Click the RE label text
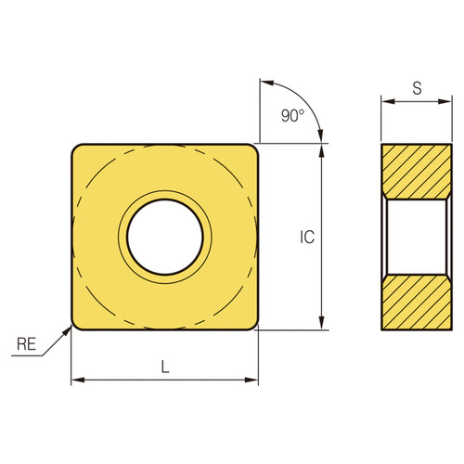click(28, 346)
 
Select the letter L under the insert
click(165, 367)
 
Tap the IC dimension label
click(307, 238)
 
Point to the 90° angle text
click(290, 117)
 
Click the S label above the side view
click(417, 89)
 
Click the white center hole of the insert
click(165, 237)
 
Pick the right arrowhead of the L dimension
click(252, 380)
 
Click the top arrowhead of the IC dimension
click(322, 149)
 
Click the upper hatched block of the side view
click(417, 170)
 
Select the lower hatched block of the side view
click(417, 303)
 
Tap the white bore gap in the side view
click(417, 237)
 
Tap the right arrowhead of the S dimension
click(447, 104)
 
